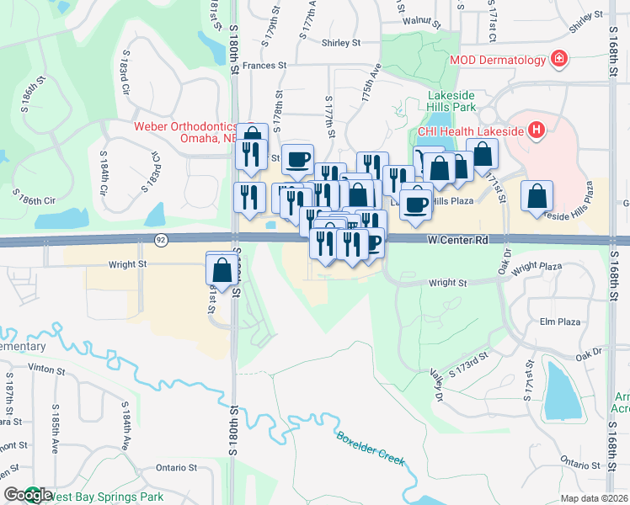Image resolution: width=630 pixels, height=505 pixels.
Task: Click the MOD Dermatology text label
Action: coord(497,60)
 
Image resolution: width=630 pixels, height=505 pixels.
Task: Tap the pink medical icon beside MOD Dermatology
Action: coord(558,59)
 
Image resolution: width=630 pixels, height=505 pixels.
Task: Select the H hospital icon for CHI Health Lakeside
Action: coord(536,130)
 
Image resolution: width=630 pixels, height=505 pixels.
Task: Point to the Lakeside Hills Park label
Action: coord(451,101)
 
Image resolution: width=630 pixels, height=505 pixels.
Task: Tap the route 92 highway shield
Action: coord(160,240)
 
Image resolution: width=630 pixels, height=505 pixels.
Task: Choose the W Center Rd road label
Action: coord(457,240)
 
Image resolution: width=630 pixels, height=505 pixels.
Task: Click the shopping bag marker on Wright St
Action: coord(222,270)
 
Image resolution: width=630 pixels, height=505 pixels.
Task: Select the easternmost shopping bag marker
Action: coord(537,197)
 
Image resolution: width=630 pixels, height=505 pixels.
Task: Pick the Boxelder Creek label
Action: coord(371,449)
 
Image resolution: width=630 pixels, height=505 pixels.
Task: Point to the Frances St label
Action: coord(264,64)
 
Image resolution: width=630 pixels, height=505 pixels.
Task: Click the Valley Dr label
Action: coord(436,384)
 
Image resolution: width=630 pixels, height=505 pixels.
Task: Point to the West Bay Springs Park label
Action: coord(97,496)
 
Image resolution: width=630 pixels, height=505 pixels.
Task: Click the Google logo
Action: coord(28,495)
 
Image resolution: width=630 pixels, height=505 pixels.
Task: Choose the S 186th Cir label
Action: coord(38,200)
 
